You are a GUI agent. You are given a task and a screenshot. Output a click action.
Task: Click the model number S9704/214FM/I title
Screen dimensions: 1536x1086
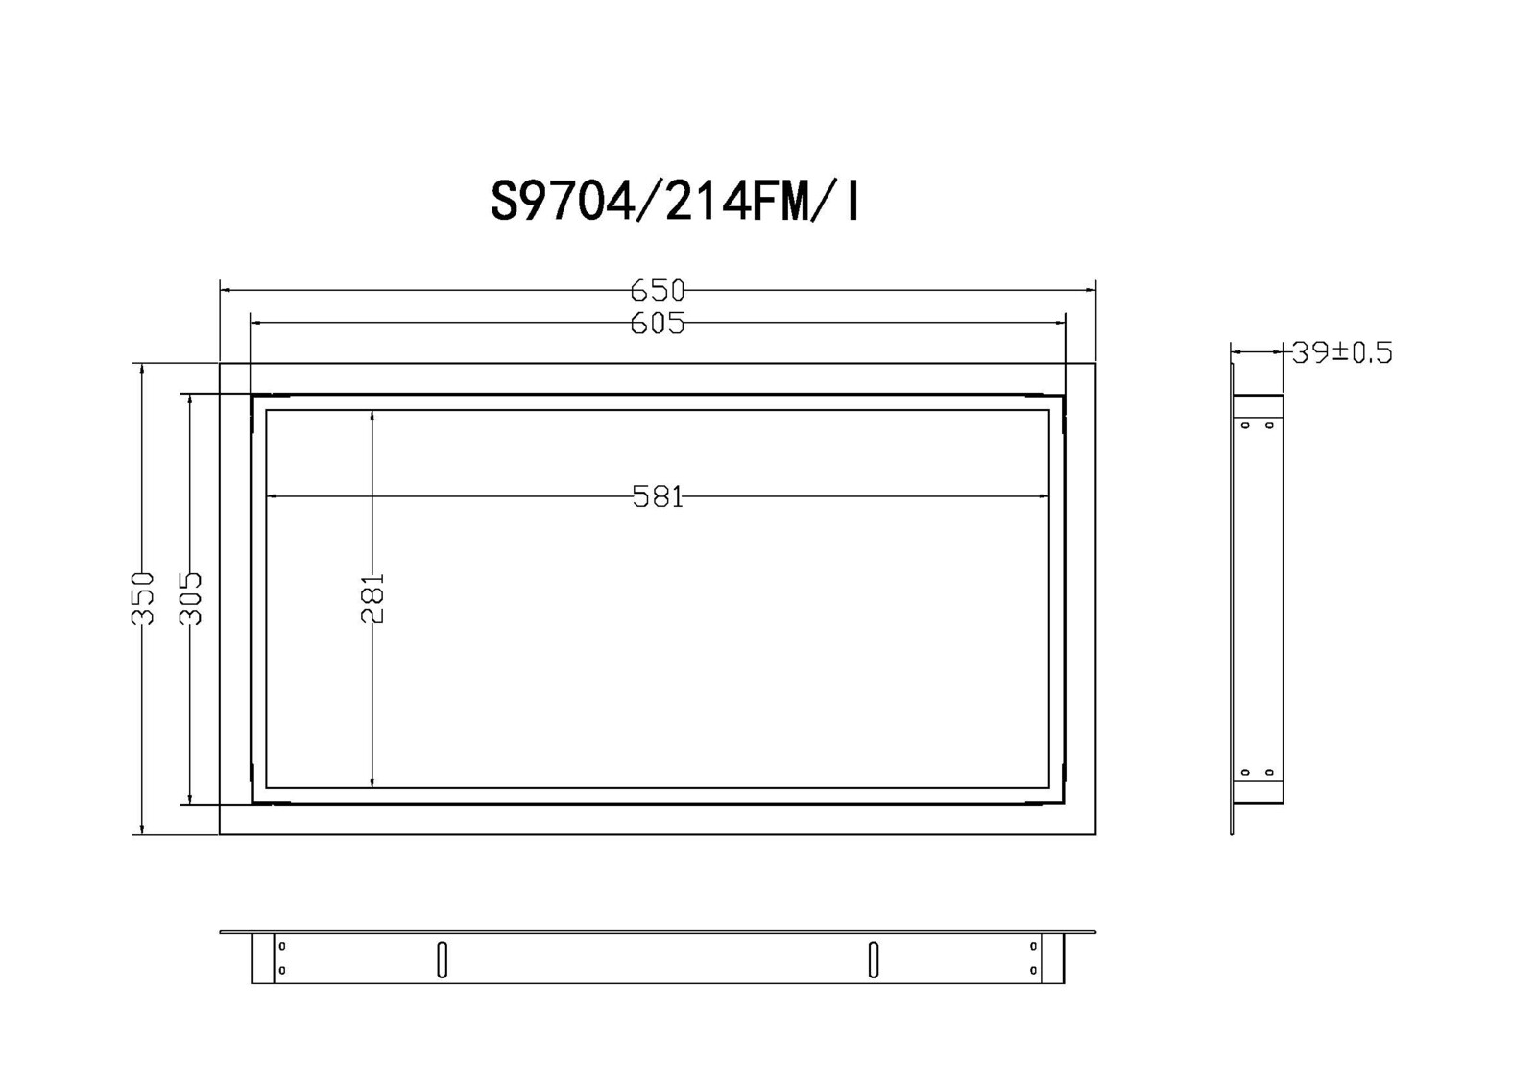(676, 203)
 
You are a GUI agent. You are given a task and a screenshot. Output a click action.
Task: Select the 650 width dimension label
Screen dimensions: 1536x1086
(658, 291)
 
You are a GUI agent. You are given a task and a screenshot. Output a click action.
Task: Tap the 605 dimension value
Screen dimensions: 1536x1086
(658, 324)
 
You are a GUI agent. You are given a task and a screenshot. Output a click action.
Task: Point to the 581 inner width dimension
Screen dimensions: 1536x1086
(658, 496)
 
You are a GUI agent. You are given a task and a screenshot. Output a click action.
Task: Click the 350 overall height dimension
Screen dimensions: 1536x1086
(142, 598)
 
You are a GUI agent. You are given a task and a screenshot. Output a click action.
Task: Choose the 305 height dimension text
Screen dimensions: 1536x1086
(190, 598)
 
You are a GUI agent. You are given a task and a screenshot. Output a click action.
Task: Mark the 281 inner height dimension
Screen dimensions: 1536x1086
(372, 598)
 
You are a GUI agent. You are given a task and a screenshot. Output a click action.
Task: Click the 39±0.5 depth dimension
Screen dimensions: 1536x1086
(1343, 352)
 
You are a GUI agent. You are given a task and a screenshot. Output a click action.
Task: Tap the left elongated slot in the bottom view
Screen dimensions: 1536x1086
(443, 960)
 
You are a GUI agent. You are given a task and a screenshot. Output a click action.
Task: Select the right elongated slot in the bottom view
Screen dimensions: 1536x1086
(874, 960)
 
